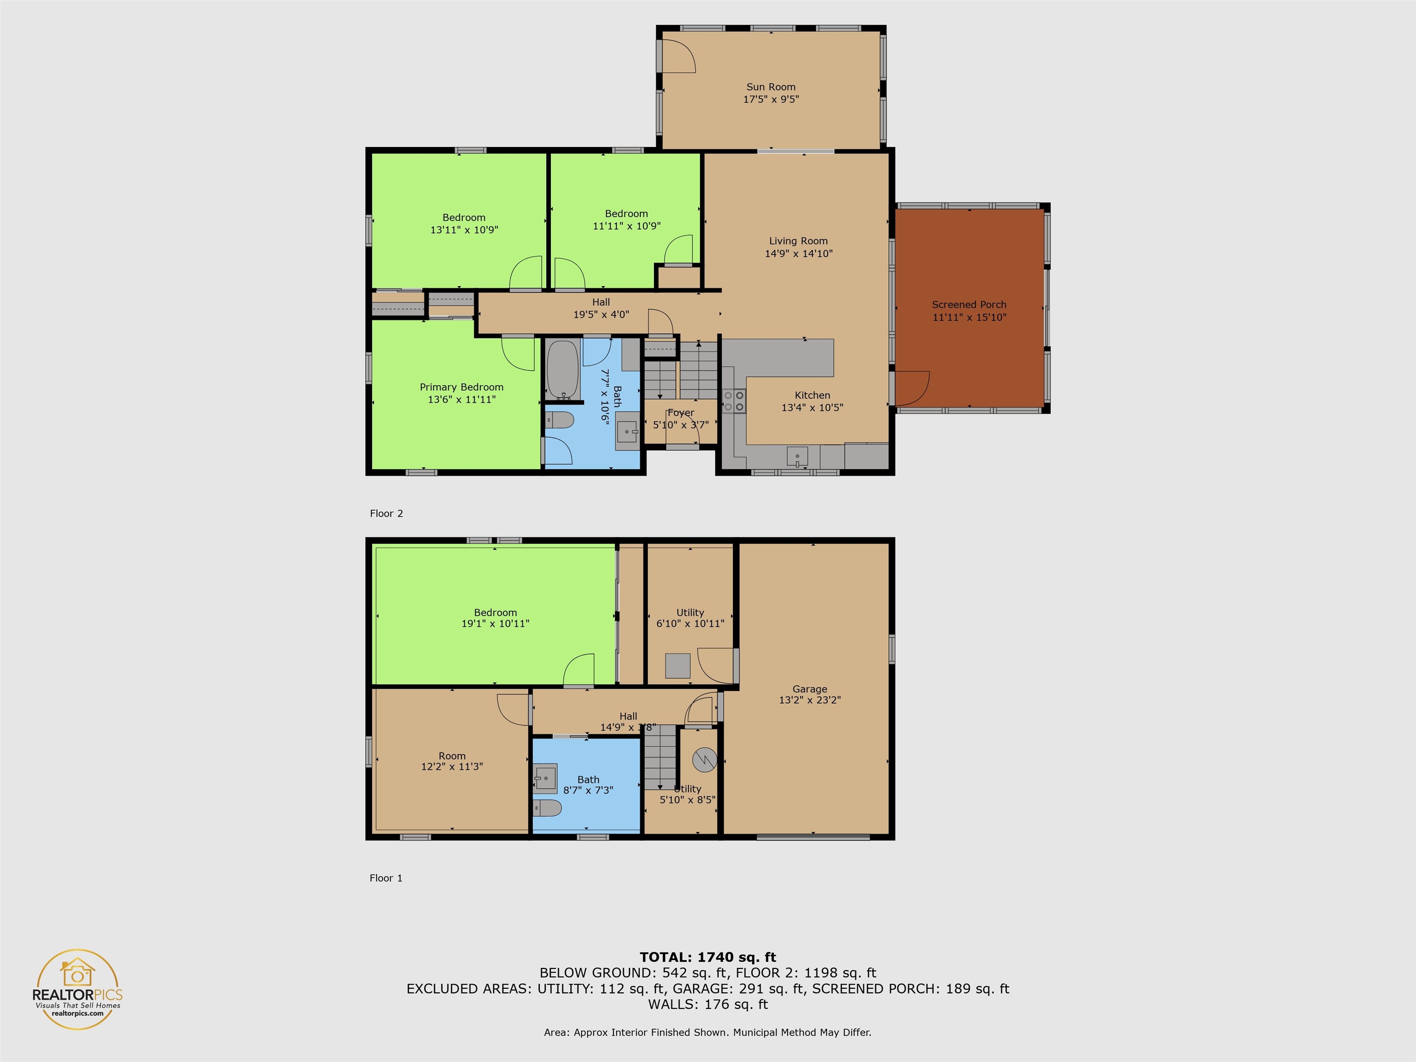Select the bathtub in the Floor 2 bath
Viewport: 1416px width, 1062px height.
[563, 369]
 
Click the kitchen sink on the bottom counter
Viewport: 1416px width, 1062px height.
[797, 458]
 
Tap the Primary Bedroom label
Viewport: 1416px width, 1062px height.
[461, 387]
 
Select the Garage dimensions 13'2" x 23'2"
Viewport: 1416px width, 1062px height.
[810, 700]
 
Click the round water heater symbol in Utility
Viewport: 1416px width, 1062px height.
[705, 760]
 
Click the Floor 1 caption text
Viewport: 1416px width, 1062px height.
[386, 878]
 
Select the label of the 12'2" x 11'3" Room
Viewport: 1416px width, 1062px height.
[452, 756]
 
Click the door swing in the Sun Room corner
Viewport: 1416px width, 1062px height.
[678, 56]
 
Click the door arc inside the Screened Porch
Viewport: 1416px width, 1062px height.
[912, 389]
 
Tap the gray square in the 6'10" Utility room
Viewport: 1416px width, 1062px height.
[677, 665]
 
